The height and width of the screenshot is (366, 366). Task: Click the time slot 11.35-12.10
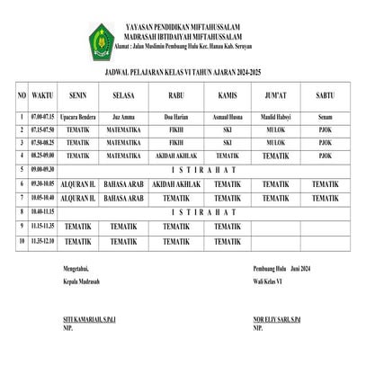point(42,241)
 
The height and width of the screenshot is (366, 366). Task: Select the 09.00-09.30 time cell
point(42,169)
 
